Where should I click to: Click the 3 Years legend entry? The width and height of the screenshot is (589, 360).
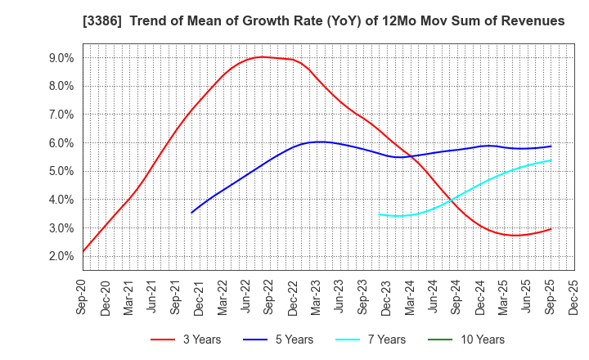click(x=191, y=340)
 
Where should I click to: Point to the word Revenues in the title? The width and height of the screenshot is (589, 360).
click(x=531, y=21)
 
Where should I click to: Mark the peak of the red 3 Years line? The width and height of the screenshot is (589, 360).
click(x=261, y=56)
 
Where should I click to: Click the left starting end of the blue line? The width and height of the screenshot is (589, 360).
click(x=191, y=213)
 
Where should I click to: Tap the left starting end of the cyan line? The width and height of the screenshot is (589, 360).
click(x=379, y=214)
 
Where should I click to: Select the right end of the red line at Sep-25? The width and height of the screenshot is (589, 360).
click(x=551, y=229)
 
